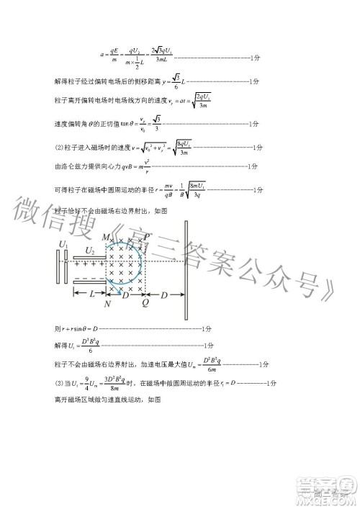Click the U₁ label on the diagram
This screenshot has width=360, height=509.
click(x=62, y=246)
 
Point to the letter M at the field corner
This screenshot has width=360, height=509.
click(x=106, y=237)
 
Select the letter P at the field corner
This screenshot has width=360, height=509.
click(x=147, y=237)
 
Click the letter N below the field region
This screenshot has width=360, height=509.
click(x=107, y=303)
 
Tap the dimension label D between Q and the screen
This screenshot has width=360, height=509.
click(x=164, y=294)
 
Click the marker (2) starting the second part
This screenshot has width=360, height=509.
click(x=59, y=148)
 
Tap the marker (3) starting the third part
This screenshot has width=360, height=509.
click(x=59, y=384)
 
